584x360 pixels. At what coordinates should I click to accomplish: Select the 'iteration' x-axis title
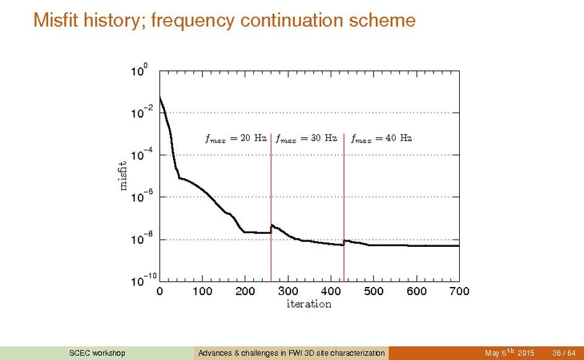coord(309,304)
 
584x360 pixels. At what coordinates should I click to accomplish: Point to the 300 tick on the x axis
coord(288,291)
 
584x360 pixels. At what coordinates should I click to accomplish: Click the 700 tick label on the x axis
coord(458,291)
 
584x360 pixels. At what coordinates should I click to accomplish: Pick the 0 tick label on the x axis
coord(160,291)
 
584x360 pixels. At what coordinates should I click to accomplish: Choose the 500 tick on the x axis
coord(373,291)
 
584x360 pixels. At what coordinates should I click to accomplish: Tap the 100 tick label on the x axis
coord(202,291)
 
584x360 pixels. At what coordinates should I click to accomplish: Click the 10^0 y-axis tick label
coord(139,72)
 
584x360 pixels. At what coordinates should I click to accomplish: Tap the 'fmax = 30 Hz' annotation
coord(306,137)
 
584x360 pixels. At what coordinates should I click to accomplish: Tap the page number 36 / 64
coord(564,353)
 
